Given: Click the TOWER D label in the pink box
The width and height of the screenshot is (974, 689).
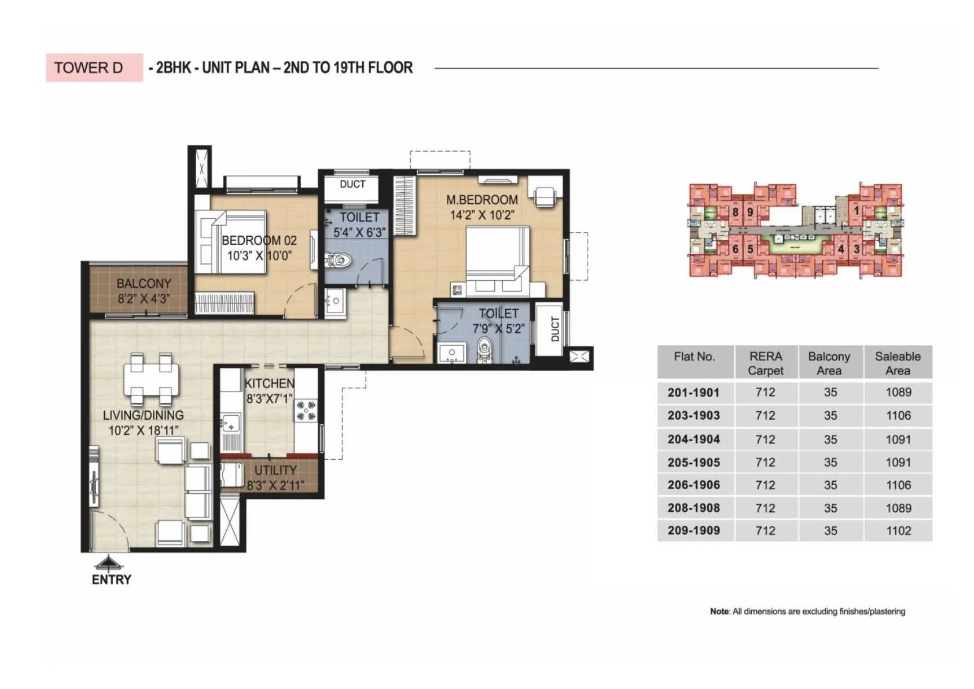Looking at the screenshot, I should click(89, 68).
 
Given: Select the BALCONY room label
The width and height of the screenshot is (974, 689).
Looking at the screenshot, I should click(144, 284).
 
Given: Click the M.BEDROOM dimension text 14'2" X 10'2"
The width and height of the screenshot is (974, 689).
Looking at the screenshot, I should click(482, 215).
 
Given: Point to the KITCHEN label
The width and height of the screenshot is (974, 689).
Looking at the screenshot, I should click(269, 383).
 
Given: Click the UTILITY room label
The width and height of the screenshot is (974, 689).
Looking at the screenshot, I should click(275, 470).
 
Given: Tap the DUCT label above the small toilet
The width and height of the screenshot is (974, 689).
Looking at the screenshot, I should click(352, 184).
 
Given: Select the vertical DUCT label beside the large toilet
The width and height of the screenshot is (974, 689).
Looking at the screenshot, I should click(555, 329).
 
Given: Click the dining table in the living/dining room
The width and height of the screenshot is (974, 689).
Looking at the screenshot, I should click(150, 379).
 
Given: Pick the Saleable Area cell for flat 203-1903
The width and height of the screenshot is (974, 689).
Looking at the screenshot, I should click(898, 416).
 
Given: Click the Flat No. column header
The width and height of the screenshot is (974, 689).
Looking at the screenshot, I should click(694, 357).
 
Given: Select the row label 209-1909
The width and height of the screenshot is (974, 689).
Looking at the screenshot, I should click(693, 530).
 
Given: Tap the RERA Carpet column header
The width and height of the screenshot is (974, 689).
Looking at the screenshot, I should click(765, 363).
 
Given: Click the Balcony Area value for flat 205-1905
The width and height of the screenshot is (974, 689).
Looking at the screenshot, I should click(830, 462).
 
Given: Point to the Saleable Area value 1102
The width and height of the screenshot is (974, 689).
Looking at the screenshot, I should click(898, 530).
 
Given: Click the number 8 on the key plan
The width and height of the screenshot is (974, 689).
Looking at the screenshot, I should click(735, 212).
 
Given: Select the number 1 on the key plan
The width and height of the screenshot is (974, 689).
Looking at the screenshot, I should click(857, 211).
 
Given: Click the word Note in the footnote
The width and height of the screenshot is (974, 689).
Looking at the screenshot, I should click(719, 611).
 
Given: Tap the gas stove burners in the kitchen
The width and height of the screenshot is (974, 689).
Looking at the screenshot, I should click(306, 409).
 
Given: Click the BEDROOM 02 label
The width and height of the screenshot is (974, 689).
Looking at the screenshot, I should click(259, 240).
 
